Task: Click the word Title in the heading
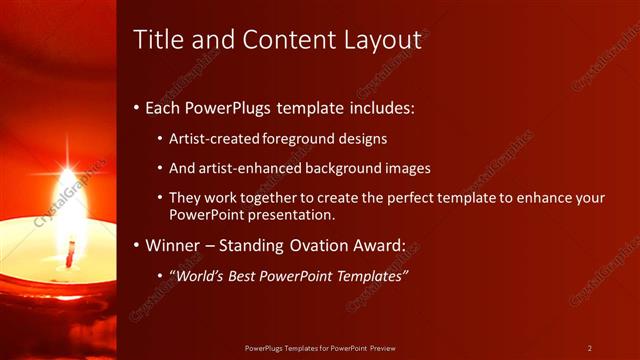tap(156, 40)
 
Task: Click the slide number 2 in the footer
tap(589, 348)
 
